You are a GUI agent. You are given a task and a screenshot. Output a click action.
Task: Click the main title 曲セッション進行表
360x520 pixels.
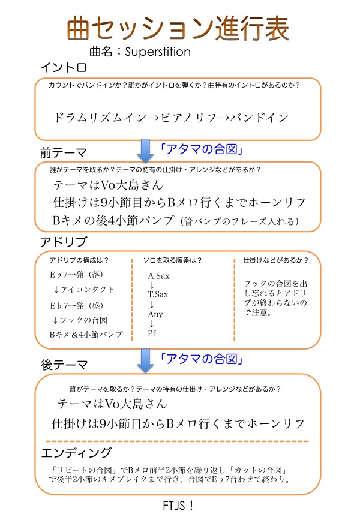[x=178, y=29]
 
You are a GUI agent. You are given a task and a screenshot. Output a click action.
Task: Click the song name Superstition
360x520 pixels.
[x=158, y=52]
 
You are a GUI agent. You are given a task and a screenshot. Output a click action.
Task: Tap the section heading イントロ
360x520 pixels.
[x=64, y=67]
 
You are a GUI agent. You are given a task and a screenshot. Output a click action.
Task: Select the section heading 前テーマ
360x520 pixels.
[x=64, y=152]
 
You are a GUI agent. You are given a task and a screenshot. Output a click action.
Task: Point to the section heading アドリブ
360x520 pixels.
[x=64, y=242]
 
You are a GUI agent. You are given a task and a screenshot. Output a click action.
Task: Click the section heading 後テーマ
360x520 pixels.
[x=64, y=365]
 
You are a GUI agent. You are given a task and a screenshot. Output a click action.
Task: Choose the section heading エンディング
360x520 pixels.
[x=76, y=453]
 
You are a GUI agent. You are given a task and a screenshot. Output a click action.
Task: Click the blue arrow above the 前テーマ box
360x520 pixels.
[x=145, y=150]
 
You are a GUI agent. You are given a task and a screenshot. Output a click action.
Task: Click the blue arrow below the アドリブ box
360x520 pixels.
[x=145, y=360]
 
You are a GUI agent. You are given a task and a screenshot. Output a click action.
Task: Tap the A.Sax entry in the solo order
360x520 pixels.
[x=158, y=276]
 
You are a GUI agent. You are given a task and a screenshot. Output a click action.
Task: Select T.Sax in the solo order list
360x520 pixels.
[x=158, y=294]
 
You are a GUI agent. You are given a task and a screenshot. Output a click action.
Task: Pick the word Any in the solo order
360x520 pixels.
[x=155, y=314]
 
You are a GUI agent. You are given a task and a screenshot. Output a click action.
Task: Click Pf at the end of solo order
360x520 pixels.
[x=152, y=333]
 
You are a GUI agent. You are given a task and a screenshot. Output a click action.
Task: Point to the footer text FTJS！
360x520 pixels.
[x=178, y=506]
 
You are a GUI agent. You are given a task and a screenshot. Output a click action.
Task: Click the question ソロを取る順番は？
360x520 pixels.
[x=172, y=260]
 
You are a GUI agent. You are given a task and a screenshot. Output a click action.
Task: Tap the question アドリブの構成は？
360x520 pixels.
[x=79, y=260]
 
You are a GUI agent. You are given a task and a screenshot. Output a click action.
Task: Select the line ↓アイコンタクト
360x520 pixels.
[x=83, y=290]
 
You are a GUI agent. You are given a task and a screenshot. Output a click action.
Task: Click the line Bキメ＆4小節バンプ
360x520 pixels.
[x=86, y=335]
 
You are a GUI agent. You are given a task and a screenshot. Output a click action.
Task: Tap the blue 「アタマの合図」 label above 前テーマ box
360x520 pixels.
[x=202, y=149]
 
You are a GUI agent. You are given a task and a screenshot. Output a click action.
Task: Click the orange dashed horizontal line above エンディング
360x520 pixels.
[x=177, y=441]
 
